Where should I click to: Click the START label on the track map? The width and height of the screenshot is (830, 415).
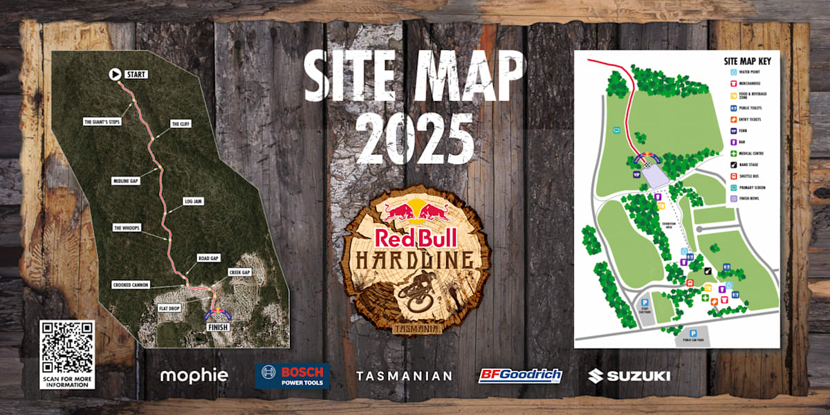click(x=137, y=74)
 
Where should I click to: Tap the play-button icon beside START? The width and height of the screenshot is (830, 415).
click(x=115, y=74)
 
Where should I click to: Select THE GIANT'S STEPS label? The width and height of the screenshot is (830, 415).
click(x=102, y=122)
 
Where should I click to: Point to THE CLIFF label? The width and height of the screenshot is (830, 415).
click(x=181, y=124)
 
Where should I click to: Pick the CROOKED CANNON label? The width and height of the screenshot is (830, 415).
click(x=136, y=285)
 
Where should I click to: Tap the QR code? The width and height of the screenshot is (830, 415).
click(x=67, y=347)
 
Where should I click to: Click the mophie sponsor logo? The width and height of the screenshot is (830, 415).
click(x=194, y=376)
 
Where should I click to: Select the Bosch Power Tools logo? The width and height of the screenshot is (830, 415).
click(x=292, y=376)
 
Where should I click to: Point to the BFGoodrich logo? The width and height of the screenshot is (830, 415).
click(x=520, y=376)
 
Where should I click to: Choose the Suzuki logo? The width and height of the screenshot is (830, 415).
click(x=629, y=376)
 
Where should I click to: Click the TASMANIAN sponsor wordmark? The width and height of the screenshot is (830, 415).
click(x=405, y=376)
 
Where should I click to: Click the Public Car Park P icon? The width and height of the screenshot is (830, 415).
click(x=692, y=333)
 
